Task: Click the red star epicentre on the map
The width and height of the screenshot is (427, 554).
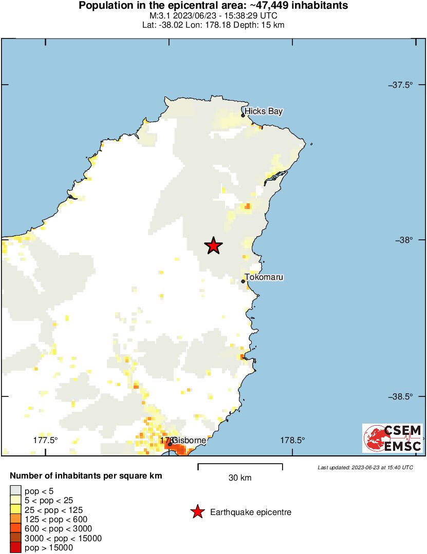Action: click(x=213, y=246)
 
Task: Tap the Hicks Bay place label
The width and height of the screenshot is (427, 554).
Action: click(x=264, y=111)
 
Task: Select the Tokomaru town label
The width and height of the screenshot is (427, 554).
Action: click(x=264, y=277)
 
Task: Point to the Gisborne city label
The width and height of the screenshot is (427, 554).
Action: click(x=189, y=441)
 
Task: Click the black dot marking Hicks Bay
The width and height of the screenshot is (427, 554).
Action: click(x=243, y=115)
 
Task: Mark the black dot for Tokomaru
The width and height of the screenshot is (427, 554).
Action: click(x=243, y=281)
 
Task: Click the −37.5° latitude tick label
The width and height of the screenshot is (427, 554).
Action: click(x=400, y=85)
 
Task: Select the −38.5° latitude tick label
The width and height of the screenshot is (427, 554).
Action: click(x=400, y=396)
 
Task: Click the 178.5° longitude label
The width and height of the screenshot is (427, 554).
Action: click(x=292, y=440)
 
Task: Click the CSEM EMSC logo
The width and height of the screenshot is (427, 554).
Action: click(x=393, y=438)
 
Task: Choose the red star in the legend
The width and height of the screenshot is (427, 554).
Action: click(x=196, y=512)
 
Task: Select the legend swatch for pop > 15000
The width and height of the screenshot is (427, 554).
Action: click(x=16, y=548)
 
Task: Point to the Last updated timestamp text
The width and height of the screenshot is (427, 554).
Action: click(x=365, y=467)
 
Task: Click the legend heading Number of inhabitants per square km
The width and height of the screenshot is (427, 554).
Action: click(x=86, y=476)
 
